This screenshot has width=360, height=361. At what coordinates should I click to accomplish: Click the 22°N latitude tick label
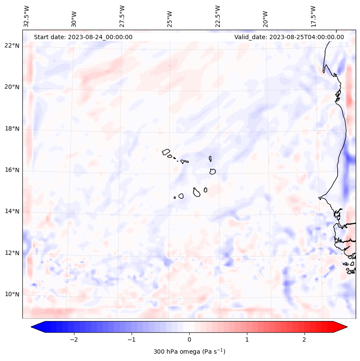(12, 46)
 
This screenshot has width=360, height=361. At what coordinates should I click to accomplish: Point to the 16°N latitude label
(12, 170)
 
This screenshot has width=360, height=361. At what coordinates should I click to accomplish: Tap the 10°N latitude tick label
(12, 294)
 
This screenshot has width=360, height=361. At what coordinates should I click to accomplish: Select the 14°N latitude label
(12, 211)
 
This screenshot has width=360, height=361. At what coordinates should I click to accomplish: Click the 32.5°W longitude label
(27, 15)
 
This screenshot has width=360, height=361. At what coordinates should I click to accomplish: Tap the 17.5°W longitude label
(313, 15)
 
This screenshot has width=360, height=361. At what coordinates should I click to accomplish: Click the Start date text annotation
(83, 37)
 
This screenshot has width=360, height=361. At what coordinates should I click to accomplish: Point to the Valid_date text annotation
(289, 37)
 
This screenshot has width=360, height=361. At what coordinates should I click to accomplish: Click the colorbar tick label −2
(74, 339)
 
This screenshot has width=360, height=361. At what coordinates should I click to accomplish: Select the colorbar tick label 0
(189, 339)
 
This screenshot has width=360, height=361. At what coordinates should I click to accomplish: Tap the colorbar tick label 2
(305, 339)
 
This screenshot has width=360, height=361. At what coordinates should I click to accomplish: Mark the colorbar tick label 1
(247, 339)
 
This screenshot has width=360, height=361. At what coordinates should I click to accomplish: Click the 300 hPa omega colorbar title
(189, 352)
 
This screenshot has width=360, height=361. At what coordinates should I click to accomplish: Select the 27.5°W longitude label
(122, 15)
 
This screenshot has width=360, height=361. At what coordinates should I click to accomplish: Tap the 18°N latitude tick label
(12, 128)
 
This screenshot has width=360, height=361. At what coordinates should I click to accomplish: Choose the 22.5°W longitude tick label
(218, 15)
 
